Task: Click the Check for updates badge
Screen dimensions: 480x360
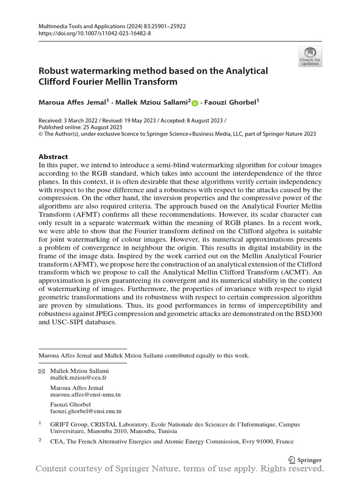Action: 310,56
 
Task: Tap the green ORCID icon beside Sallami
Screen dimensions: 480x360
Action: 195,102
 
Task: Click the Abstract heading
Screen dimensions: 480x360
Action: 53,157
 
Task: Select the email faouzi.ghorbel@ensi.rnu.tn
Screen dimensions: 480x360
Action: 86,411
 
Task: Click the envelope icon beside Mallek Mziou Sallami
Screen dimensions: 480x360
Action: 41,371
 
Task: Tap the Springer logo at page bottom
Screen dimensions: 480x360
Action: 305,460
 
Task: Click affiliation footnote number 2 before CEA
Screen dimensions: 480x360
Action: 40,440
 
